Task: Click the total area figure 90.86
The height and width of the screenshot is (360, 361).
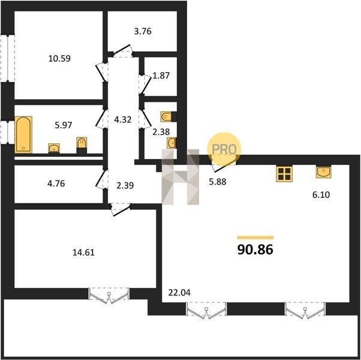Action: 255,250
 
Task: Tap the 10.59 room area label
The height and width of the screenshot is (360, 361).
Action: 59,59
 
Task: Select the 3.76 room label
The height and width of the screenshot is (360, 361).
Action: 143,31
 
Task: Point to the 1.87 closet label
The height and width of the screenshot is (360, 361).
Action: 161,76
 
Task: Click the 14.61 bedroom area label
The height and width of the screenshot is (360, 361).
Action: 83,253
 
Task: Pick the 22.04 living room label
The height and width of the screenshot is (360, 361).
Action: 179,293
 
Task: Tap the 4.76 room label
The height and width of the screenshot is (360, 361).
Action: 56,184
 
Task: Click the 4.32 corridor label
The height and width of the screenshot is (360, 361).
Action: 123,120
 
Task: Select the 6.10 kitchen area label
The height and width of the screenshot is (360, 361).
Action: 321,195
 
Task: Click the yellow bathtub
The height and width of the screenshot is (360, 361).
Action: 23,134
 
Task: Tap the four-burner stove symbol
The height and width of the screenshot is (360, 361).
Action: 285,173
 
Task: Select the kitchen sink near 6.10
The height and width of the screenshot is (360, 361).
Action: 323,172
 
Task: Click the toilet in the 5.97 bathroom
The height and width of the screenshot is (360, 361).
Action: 82,144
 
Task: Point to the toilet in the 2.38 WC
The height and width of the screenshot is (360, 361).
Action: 166,116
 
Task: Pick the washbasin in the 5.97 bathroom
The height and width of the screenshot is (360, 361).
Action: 54,148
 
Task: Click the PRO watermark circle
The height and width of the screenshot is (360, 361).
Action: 224,149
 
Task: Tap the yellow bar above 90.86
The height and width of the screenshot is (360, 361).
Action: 255,238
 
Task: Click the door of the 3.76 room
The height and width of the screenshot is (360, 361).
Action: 122,51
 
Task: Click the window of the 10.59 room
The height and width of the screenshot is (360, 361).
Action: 7,59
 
